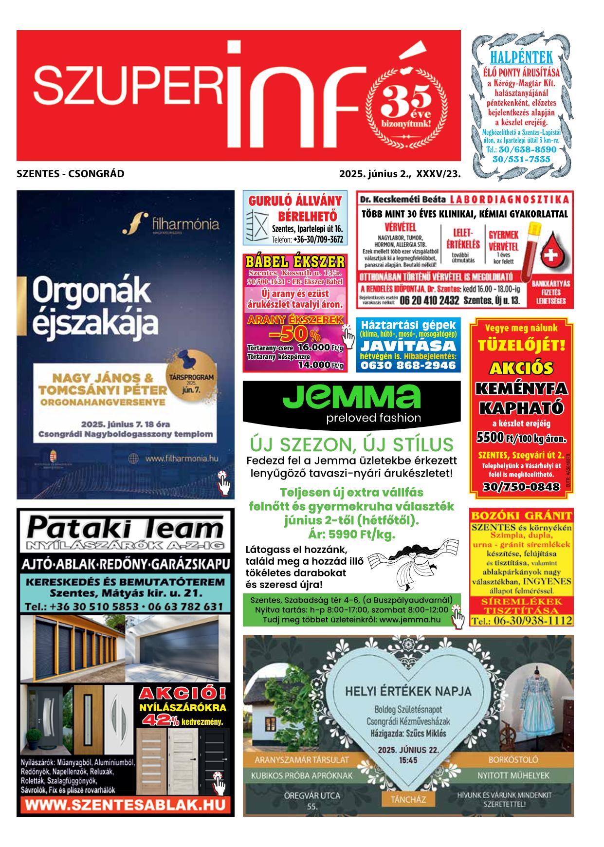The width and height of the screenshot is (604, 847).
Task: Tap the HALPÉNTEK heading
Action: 521,57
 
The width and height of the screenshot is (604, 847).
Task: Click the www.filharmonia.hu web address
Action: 181,458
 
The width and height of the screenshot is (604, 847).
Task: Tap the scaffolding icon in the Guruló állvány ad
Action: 256,226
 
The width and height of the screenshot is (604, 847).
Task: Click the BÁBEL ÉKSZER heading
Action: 295,261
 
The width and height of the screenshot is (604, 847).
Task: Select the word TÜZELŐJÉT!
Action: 521,346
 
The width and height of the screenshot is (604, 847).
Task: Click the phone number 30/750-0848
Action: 521,486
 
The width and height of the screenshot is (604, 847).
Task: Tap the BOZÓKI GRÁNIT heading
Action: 521,516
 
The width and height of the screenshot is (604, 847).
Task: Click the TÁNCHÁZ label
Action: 408,799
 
